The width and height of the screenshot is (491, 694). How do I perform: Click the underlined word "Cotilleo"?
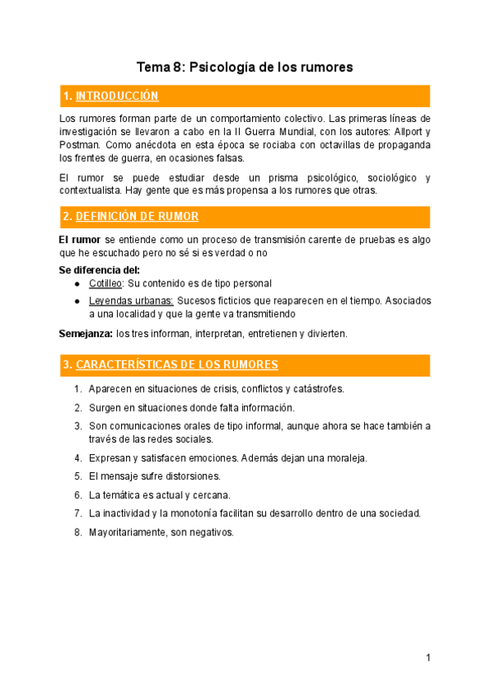(x=106, y=283)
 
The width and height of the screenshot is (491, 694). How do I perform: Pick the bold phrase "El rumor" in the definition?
(x=80, y=239)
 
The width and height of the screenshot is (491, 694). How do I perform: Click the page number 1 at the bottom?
(x=428, y=657)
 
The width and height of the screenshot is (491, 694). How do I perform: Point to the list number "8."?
(x=78, y=532)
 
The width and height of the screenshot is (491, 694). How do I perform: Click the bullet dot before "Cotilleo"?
(x=77, y=283)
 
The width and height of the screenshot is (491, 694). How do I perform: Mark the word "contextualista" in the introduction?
(x=92, y=191)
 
